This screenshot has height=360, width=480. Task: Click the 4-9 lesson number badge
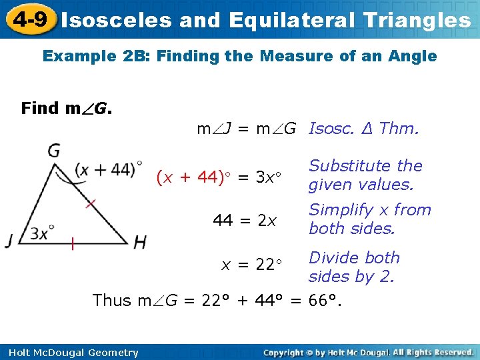[x=29, y=19]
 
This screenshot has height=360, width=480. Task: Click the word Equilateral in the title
[x=295, y=20]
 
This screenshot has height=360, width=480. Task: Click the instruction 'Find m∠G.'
[x=67, y=108]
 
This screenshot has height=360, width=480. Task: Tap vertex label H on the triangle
[x=139, y=241]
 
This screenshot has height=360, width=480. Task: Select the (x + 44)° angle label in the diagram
[x=108, y=170]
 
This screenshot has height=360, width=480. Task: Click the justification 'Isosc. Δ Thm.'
[x=364, y=128]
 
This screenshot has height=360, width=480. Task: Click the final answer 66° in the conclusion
[x=326, y=301]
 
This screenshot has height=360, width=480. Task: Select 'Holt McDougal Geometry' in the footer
[x=70, y=353]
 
